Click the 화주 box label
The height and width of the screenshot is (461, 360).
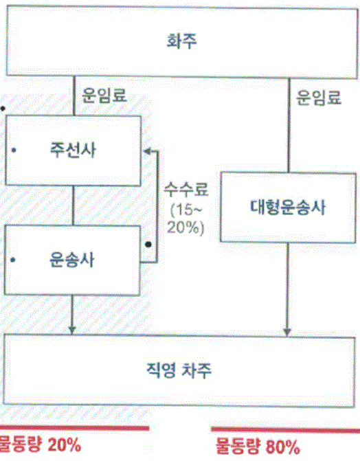coord(181,41)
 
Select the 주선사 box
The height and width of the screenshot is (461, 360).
coord(73,150)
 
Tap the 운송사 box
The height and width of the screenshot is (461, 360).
coord(72,260)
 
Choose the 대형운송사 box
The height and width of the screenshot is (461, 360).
coord(288,207)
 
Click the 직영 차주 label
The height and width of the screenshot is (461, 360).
coord(179,370)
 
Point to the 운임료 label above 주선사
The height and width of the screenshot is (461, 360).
coord(104,95)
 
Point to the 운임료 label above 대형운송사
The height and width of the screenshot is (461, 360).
coord(319,98)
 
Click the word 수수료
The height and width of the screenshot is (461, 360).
coord(186,190)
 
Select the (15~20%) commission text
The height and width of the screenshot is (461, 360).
coord(186,219)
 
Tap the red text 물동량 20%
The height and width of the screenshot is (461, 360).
coord(40,445)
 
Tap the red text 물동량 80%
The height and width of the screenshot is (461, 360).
coord(258,447)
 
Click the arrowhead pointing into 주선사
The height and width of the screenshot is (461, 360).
coord(147,151)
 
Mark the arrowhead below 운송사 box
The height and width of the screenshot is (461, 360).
coord(72,330)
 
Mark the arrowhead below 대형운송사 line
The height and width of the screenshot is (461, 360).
coord(287,332)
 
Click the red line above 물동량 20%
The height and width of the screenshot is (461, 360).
coord(74,428)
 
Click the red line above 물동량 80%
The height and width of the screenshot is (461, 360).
coord(286,430)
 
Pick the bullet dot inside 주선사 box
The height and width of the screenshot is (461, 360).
coord(14,150)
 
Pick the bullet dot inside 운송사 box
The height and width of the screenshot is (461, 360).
coord(12,260)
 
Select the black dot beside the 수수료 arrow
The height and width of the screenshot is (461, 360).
coord(148,245)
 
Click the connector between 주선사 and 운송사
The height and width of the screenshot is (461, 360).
coord(74,206)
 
